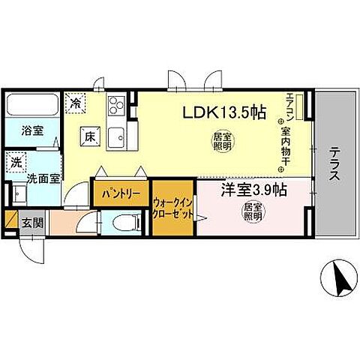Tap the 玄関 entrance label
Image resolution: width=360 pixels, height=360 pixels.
[32, 223]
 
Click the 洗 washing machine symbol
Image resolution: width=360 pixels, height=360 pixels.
[16, 161]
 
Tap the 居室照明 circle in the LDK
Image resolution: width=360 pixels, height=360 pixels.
[223, 142]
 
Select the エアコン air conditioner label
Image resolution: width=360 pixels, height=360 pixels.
[289, 105]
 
